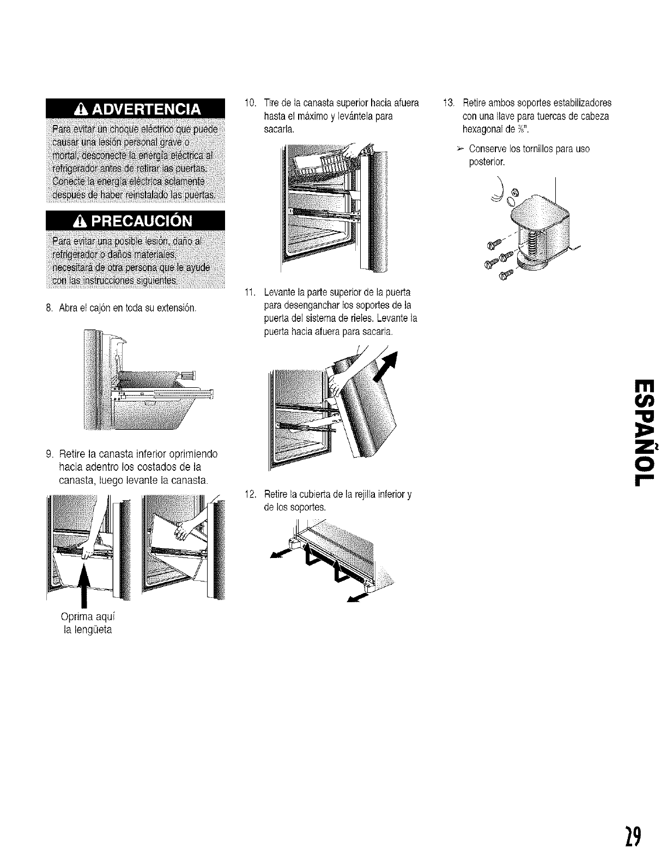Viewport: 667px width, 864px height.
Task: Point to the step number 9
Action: (48, 454)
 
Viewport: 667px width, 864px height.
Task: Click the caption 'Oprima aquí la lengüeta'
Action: (87, 623)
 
